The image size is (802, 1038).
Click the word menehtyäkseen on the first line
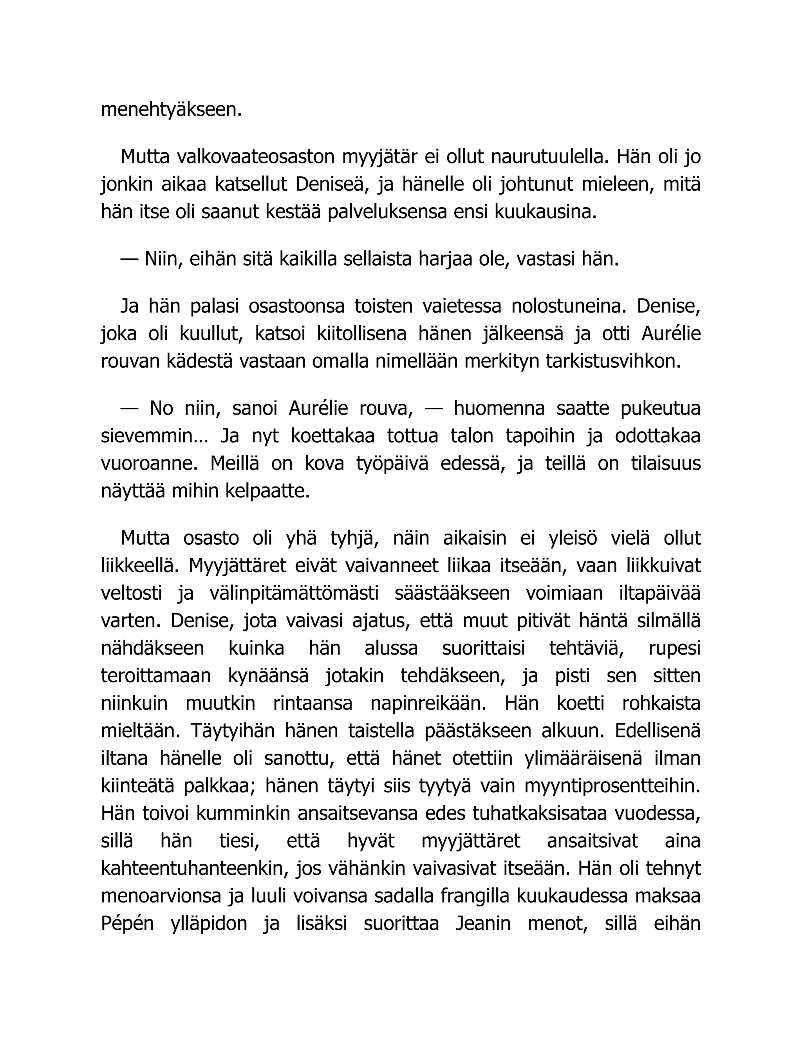(x=172, y=110)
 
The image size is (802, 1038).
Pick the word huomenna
(x=499, y=409)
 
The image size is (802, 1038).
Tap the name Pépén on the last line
(x=127, y=924)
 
